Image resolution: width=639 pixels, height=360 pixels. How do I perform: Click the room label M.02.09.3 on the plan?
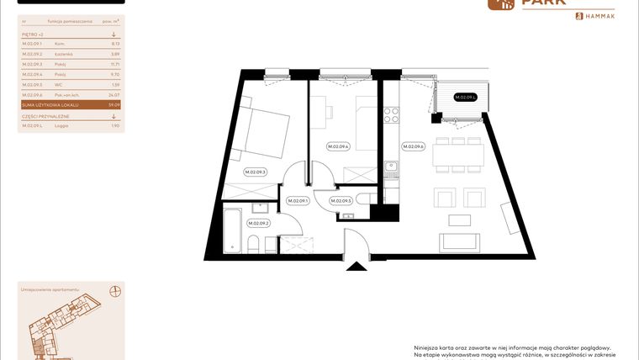coord(255,172)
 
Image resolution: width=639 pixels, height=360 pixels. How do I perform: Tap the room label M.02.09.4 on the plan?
coord(337,146)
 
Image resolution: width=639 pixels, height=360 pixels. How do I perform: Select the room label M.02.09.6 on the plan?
coord(413,146)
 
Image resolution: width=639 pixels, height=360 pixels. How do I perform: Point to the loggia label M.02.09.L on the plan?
coord(465,98)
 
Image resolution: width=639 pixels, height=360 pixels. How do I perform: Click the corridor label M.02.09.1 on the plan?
coord(298,201)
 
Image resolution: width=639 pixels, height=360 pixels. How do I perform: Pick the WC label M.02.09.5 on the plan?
coord(341,201)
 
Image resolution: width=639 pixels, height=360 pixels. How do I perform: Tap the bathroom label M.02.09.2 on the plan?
coord(257,223)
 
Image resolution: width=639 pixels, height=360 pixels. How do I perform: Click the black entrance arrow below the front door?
coord(356,267)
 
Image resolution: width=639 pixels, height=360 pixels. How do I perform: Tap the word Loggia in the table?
coord(61,125)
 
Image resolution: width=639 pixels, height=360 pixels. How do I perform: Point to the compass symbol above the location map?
coord(114,291)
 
